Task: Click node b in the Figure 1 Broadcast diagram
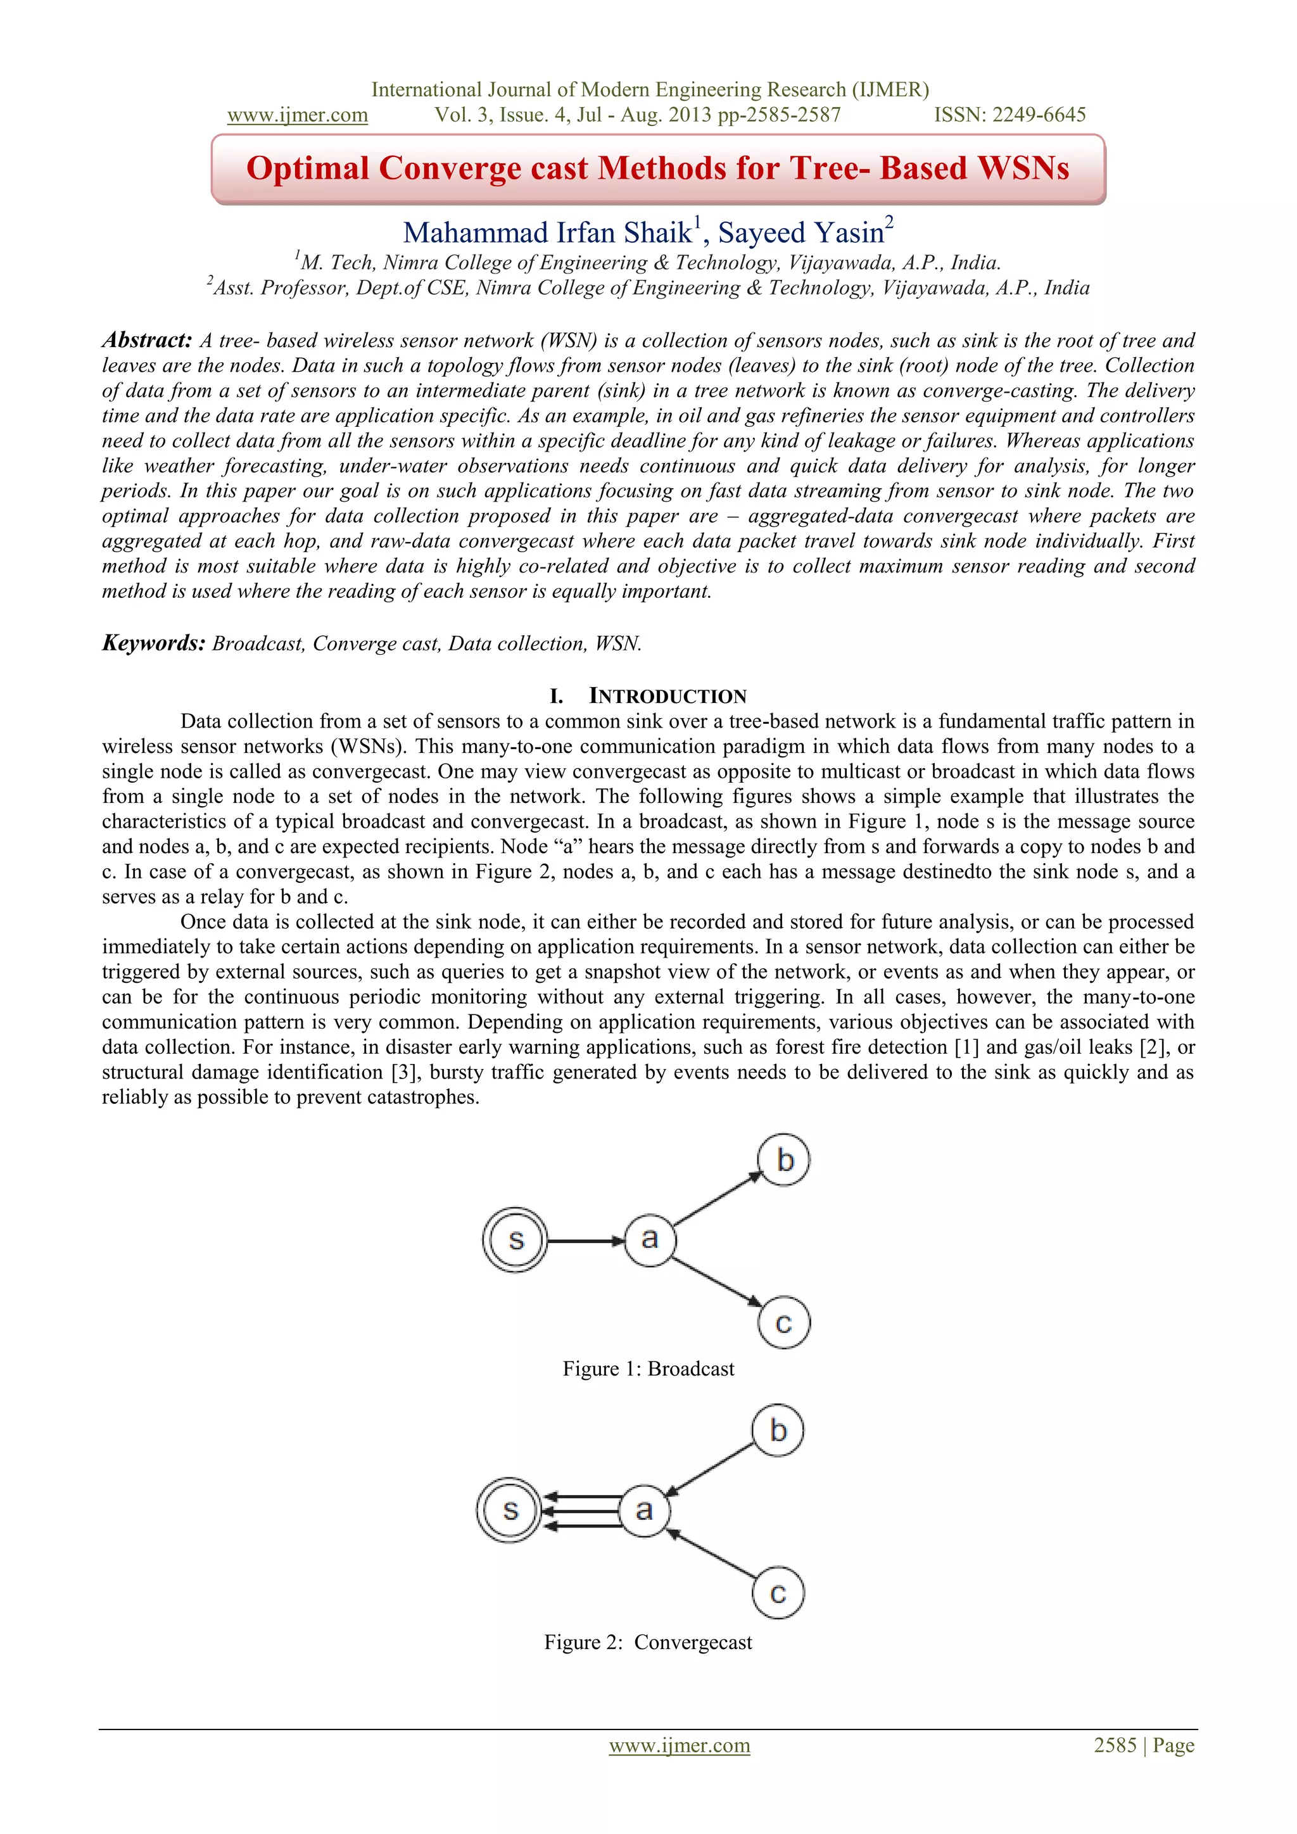(783, 1160)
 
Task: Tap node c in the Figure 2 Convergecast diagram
(778, 1593)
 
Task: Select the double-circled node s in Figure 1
(516, 1240)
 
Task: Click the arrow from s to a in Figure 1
(585, 1241)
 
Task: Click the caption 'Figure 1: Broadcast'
(648, 1369)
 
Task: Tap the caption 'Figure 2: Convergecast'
(648, 1642)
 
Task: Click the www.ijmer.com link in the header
(297, 115)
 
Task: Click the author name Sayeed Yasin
(802, 233)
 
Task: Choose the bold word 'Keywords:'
(154, 644)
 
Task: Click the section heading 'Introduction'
(667, 697)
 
